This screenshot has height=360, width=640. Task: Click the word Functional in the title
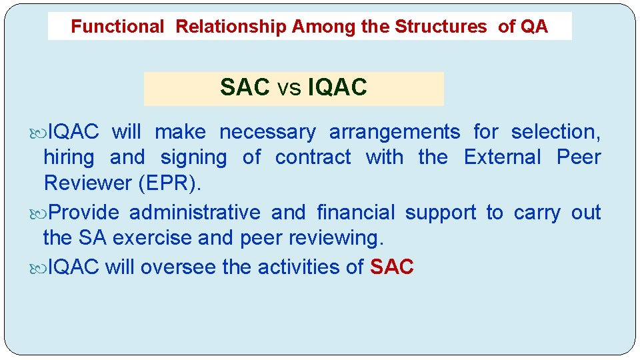click(x=117, y=27)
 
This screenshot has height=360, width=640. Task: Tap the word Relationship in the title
click(x=231, y=27)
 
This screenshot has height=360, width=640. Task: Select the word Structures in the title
click(x=441, y=27)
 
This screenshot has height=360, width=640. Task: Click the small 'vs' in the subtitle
click(x=289, y=87)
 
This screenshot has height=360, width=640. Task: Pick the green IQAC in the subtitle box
click(x=337, y=87)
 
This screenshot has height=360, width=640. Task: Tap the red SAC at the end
click(x=392, y=267)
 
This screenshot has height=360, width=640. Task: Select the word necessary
click(x=267, y=133)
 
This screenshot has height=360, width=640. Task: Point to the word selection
click(x=555, y=133)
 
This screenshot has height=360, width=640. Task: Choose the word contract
click(x=313, y=158)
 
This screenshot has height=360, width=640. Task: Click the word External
click(x=503, y=158)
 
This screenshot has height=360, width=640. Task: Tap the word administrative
click(x=195, y=213)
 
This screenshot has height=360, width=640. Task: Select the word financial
click(x=355, y=213)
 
